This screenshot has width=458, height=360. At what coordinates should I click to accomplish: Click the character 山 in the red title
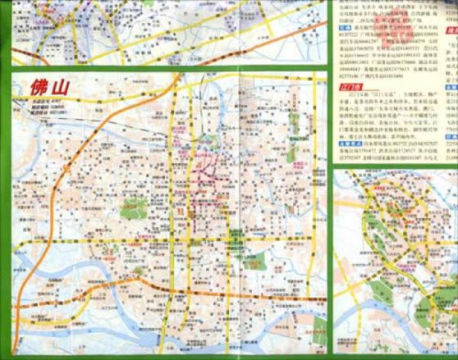coord(59,87)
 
